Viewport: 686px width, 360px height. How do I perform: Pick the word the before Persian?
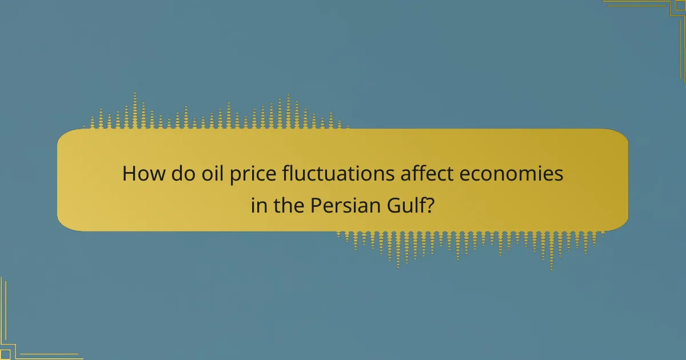pos(288,205)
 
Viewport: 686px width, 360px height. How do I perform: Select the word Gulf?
pos(402,205)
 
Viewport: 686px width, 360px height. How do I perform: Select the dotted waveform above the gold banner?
pos(217,114)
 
